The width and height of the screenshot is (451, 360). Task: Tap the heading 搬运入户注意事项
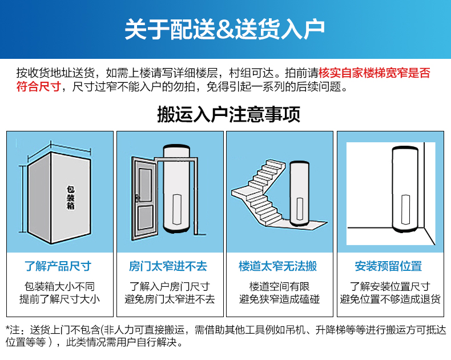tap(229, 114)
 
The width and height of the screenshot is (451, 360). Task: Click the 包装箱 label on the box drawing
tap(71, 198)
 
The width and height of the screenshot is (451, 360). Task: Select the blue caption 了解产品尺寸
tap(58, 266)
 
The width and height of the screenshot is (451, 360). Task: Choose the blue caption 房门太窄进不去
tap(168, 266)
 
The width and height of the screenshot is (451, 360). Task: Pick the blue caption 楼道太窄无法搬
tap(278, 266)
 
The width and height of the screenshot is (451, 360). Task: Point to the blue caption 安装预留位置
tap(388, 266)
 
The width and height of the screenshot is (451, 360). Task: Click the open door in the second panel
tap(144, 199)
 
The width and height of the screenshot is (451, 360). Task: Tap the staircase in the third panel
tap(259, 193)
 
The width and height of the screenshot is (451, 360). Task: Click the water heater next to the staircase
tap(299, 194)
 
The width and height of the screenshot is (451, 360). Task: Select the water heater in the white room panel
tap(405, 189)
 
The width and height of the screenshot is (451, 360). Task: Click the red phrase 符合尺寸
tap(39, 86)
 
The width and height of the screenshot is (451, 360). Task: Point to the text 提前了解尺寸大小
tap(59, 299)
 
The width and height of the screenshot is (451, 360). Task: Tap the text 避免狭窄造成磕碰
tap(279, 299)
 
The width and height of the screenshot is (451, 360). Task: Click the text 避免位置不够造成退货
tap(390, 299)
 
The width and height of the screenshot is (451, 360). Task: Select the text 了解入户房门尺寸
tap(170, 286)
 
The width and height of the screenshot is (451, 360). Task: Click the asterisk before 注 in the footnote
tap(8, 328)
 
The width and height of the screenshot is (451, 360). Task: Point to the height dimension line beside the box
tap(22, 199)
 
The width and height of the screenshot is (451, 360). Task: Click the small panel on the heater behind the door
tap(177, 209)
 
